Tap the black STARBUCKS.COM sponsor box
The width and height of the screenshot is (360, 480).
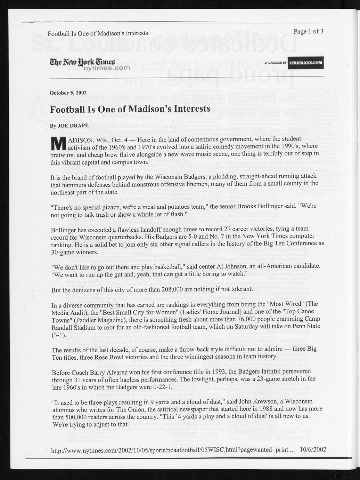(x=305, y=63)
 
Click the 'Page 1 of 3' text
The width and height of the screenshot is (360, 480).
(x=308, y=31)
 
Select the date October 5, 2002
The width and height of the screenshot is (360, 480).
(x=68, y=93)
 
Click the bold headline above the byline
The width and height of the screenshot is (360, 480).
(x=130, y=109)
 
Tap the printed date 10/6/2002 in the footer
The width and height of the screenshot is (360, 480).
(x=313, y=449)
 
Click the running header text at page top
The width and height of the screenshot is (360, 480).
(x=98, y=33)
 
